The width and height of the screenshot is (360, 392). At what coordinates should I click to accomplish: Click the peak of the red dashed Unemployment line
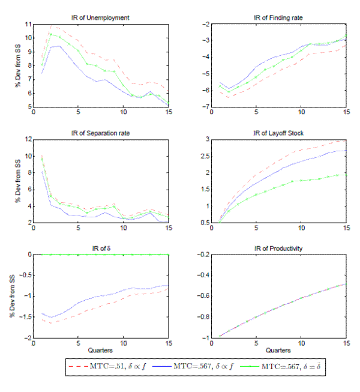coord(51,26)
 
